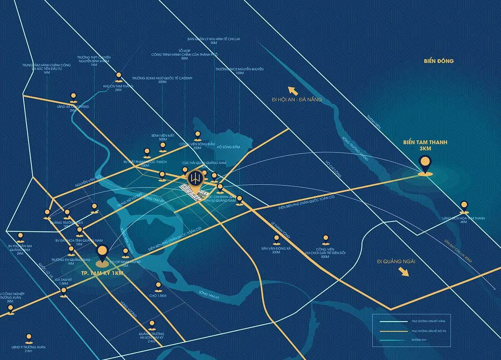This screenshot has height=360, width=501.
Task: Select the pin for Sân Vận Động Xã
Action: point(276,239)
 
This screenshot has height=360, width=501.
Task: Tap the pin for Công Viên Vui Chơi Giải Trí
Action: point(326,239)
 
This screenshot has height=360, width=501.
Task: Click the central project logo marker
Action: point(195,179)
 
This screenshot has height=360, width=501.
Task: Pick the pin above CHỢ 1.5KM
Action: point(158,286)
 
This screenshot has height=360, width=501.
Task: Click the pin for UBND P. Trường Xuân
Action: point(29,337)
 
